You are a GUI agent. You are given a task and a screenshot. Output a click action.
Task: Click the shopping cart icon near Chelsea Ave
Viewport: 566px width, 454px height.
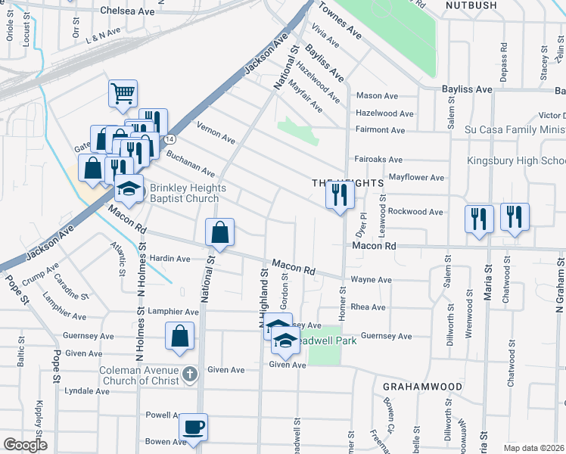click(x=123, y=94)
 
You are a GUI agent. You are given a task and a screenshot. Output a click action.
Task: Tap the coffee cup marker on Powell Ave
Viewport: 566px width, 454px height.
click(x=194, y=426)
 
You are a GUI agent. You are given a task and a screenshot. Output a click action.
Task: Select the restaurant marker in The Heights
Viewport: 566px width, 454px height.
click(x=340, y=195)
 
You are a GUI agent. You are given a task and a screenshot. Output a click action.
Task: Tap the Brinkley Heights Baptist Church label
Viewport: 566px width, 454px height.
click(x=185, y=194)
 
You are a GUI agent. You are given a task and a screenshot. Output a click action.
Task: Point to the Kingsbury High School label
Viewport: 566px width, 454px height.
click(x=516, y=161)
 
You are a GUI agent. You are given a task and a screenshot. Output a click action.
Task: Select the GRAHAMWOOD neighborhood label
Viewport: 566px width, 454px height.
click(x=422, y=387)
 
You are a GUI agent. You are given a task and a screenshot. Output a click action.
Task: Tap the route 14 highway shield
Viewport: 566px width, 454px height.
click(x=172, y=139)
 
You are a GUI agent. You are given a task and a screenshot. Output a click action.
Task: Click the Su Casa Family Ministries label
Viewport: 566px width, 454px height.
click(x=515, y=130)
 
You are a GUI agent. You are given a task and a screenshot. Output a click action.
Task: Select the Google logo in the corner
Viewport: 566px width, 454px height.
click(x=25, y=445)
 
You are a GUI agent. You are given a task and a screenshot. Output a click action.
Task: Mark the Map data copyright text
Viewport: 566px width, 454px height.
click(x=533, y=448)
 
